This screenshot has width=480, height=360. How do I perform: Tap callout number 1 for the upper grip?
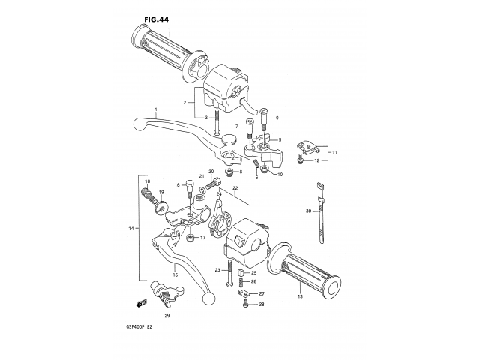pyautogui.click(x=170, y=30)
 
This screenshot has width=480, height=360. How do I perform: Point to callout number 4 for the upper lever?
pyautogui.click(x=155, y=110)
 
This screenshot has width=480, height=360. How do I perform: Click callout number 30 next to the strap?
pyautogui.click(x=307, y=211)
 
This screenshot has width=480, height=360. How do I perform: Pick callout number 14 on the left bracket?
pyautogui.click(x=130, y=228)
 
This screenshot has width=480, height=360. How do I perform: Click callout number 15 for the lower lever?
pyautogui.click(x=175, y=275)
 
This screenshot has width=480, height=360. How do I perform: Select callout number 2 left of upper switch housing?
pyautogui.click(x=184, y=101)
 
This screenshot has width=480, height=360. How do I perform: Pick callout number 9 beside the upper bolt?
pyautogui.click(x=276, y=118)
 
